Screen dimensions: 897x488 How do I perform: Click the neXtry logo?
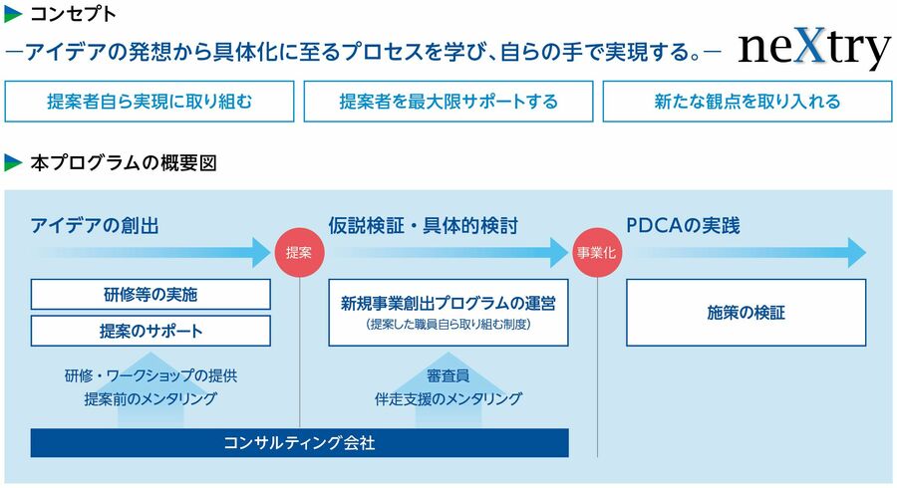[814, 48]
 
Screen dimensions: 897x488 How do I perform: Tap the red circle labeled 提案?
[299, 253]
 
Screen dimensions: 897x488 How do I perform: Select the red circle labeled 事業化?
[597, 253]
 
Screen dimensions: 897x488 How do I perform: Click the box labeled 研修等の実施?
[150, 294]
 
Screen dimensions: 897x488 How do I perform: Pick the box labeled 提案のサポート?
[150, 331]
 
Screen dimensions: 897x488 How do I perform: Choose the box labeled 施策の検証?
[746, 313]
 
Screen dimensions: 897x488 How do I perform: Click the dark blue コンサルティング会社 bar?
[299, 443]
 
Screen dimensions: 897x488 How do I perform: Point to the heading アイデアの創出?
[95, 226]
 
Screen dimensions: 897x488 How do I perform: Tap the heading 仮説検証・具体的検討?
[424, 226]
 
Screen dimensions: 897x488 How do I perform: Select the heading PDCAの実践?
[683, 226]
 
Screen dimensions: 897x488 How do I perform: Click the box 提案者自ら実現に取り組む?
[149, 102]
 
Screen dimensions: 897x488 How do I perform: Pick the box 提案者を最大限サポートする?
[448, 102]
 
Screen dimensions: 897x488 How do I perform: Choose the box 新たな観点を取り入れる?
[747, 102]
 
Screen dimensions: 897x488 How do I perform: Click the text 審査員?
[448, 375]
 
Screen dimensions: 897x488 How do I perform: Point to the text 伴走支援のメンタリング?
[448, 398]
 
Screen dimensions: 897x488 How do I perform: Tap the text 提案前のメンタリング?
[150, 398]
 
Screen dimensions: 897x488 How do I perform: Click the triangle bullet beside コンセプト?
[13, 14]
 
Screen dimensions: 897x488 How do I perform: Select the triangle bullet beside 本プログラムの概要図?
[13, 163]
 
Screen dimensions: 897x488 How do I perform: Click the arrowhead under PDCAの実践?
[856, 253]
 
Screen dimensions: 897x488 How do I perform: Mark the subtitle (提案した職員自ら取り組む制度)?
[448, 325]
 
